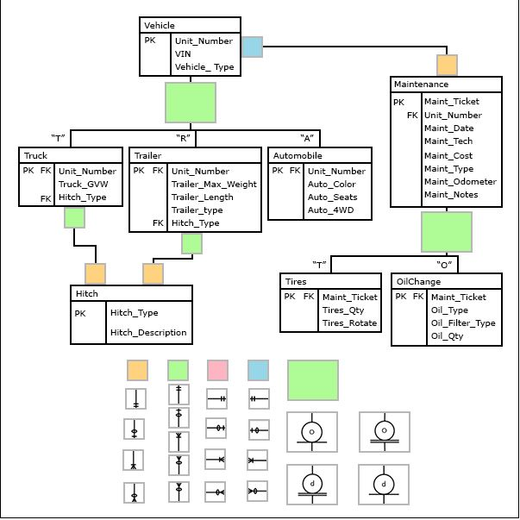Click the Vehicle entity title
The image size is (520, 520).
[x=160, y=26]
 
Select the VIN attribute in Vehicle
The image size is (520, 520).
[x=182, y=53]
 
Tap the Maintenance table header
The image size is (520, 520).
[x=421, y=85]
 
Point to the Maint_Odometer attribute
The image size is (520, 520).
[x=460, y=181]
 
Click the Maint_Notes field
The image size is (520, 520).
[x=450, y=195]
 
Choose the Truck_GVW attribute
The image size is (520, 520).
[x=82, y=185]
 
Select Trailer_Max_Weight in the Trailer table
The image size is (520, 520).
[x=214, y=185]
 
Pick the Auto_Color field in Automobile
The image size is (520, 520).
[x=331, y=185]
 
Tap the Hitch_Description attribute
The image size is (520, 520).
[x=148, y=333]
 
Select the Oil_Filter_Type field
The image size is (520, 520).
[x=463, y=323]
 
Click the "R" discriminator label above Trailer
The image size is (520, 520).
[x=183, y=137]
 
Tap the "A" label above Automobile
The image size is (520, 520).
[x=306, y=137]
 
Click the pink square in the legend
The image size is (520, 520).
[x=217, y=370]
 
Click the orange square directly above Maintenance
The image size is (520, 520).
[x=447, y=65]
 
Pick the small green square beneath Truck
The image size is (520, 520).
[x=74, y=219]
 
